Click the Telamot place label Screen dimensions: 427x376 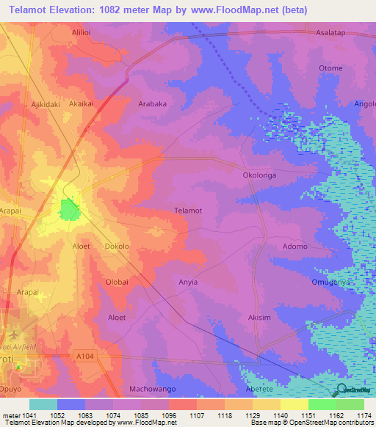click(x=187, y=211)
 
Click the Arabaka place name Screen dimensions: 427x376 click(x=153, y=104)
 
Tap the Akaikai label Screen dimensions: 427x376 click(x=81, y=104)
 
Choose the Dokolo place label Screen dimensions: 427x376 click(x=117, y=247)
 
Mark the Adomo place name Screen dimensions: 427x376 click(x=295, y=247)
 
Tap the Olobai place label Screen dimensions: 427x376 click(x=117, y=282)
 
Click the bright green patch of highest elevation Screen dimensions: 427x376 click(x=69, y=209)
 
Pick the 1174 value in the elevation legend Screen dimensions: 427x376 click(x=363, y=415)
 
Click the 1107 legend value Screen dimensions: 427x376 click(x=196, y=415)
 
